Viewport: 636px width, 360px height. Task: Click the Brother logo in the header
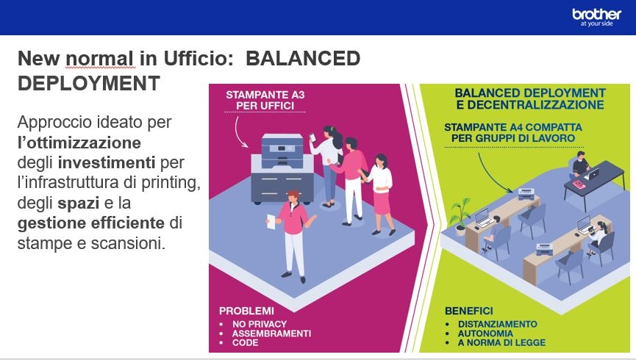point(596,18)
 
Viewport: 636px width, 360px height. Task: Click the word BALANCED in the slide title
point(303,58)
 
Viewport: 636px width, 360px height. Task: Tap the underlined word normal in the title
point(99,58)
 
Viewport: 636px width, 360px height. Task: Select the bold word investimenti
point(107,162)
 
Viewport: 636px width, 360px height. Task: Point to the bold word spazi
point(78,204)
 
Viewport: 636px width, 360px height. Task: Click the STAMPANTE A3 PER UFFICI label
point(265,100)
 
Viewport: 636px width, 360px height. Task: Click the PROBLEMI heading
point(246,311)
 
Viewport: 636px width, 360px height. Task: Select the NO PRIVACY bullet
point(260,324)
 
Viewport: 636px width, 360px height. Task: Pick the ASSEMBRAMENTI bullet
point(271,334)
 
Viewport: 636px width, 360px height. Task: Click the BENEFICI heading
point(469,311)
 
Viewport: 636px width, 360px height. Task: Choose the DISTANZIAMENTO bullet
point(497,324)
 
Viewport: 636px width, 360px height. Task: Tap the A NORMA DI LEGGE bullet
point(501,342)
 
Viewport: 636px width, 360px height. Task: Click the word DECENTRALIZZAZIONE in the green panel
point(535,105)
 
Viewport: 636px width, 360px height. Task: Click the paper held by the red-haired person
point(271,223)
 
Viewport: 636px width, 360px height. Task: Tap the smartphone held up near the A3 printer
point(312,137)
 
